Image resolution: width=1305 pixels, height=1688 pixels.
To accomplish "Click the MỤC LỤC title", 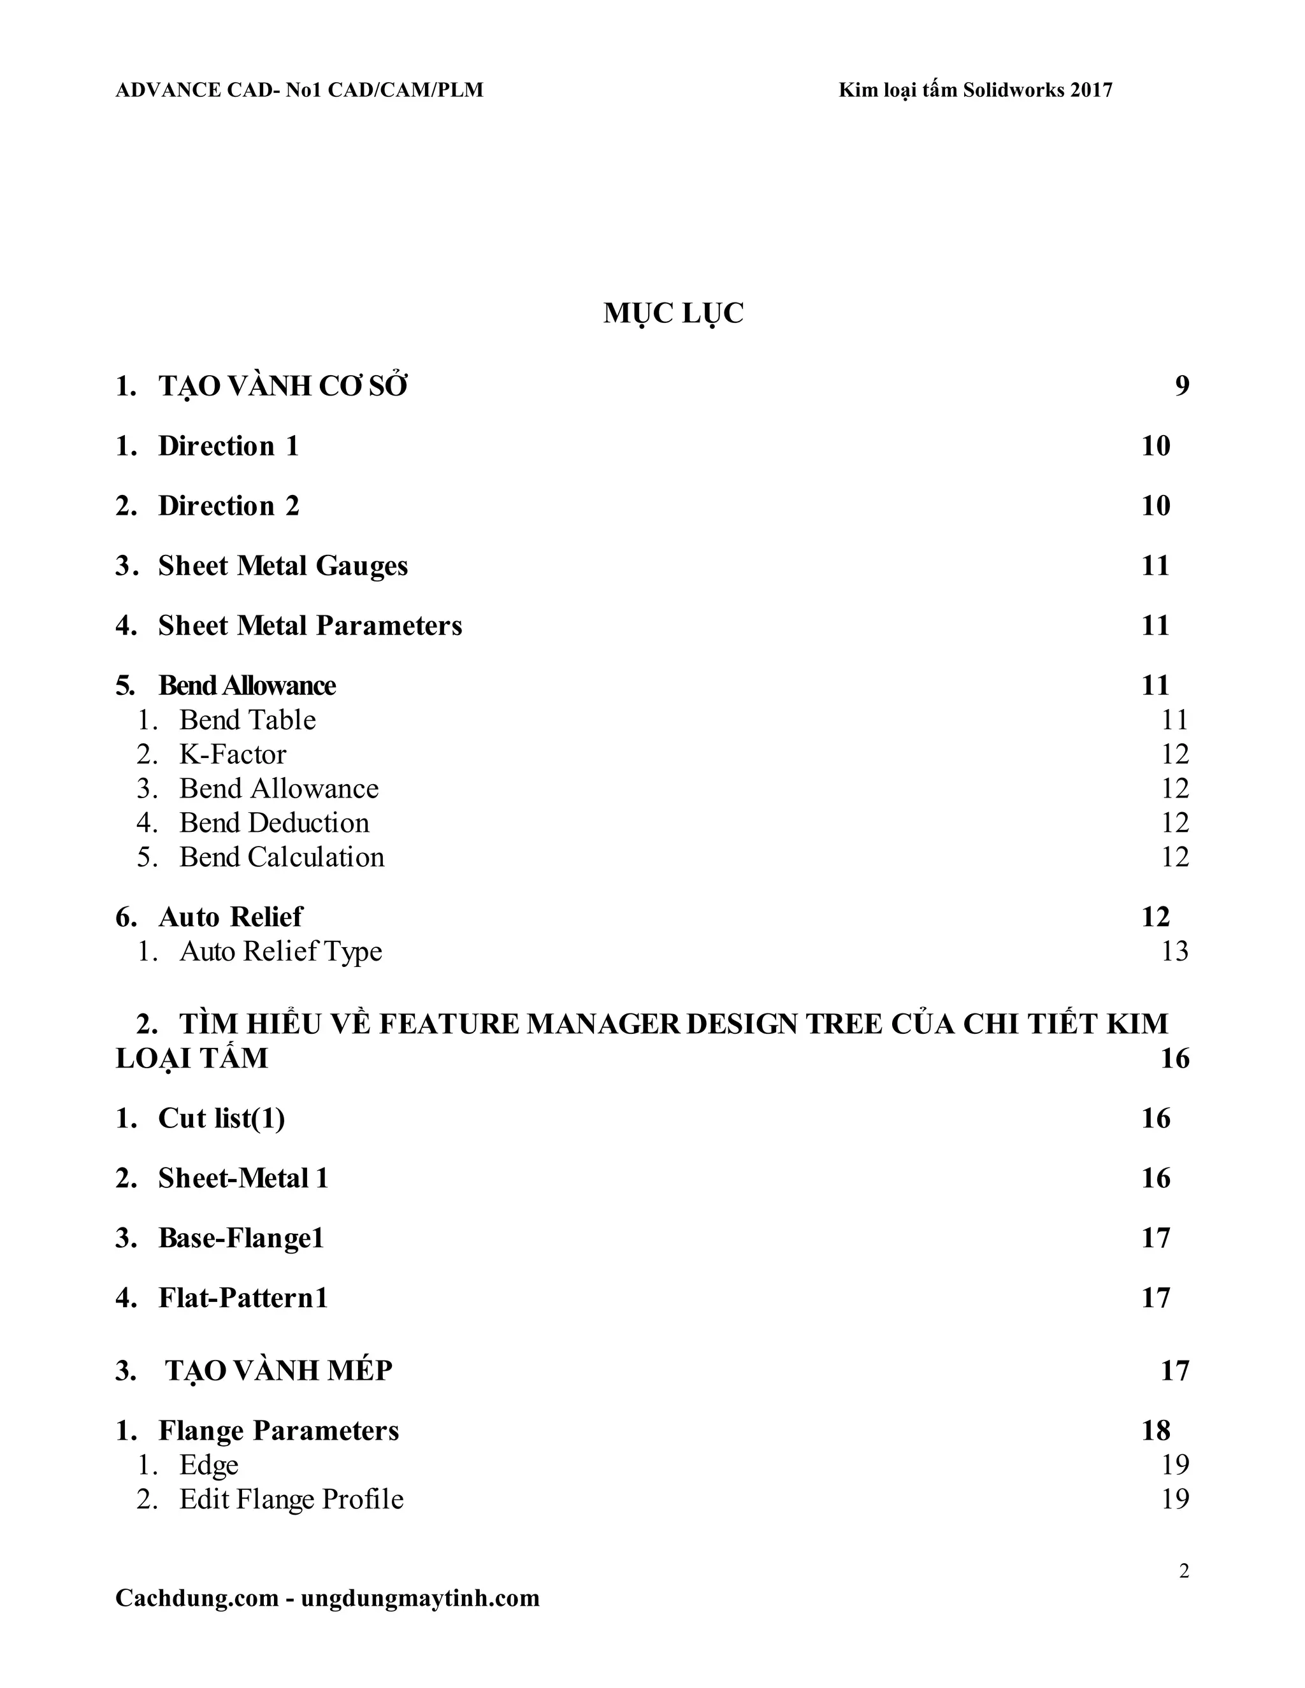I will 673,313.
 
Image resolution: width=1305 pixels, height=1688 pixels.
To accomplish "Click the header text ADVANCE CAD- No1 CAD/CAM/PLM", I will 299,90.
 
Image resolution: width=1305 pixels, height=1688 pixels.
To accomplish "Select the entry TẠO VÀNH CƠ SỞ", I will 283,385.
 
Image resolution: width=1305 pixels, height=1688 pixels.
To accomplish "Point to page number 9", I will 1182,385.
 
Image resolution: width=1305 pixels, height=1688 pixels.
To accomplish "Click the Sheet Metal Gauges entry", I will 283,566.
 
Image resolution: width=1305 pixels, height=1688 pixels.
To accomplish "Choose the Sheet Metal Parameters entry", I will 310,626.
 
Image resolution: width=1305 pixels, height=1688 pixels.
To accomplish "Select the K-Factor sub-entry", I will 233,754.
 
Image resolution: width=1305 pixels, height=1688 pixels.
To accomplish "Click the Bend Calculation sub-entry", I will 282,857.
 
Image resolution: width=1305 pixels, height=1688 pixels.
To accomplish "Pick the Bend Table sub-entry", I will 247,720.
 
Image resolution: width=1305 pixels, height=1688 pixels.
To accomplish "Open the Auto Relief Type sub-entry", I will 280,952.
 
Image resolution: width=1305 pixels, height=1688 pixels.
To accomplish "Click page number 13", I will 1174,952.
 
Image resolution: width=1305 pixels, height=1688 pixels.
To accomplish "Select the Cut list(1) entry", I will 221,1119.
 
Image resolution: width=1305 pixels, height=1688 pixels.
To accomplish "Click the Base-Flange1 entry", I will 240,1238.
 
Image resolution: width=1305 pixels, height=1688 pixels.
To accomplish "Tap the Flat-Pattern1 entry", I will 243,1298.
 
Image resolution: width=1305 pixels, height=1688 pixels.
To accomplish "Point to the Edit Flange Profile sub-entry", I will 291,1499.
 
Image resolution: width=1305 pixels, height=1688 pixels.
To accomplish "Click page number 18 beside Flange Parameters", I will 1156,1431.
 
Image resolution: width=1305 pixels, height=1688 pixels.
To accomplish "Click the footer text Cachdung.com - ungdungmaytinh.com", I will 327,1598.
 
